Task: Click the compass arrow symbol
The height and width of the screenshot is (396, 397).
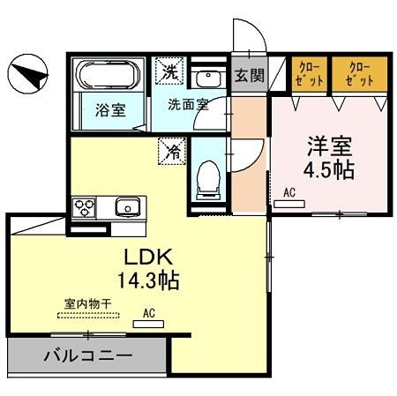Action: (x=28, y=74)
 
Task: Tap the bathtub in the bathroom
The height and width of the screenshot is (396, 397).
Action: (x=109, y=76)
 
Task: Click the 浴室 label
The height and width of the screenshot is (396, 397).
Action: (x=109, y=110)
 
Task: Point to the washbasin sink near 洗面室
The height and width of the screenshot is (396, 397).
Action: (x=206, y=77)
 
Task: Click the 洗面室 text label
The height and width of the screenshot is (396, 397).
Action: (x=189, y=103)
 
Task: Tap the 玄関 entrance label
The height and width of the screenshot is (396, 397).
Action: (x=249, y=75)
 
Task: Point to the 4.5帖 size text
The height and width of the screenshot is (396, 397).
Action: (x=331, y=168)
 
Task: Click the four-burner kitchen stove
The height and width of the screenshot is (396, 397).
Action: (x=86, y=208)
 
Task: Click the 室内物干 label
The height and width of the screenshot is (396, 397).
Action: (x=86, y=303)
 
